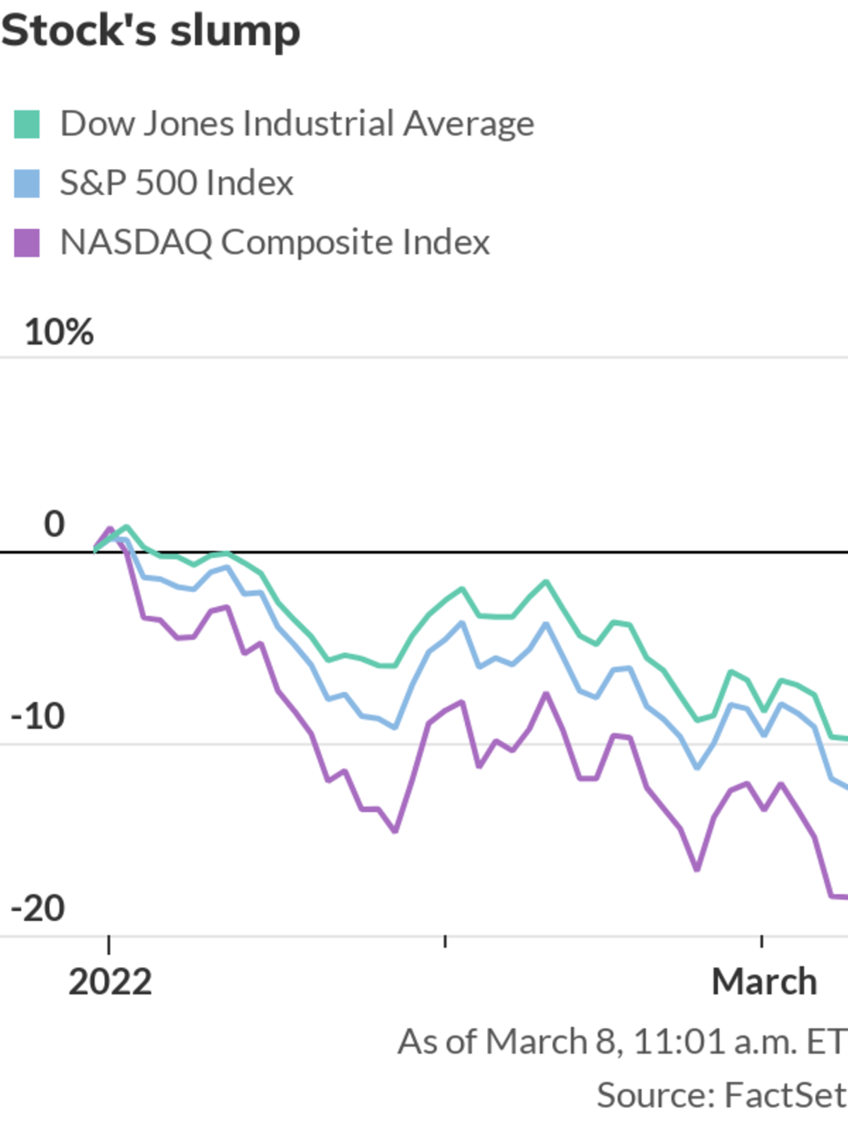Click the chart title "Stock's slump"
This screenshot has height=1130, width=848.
(151, 31)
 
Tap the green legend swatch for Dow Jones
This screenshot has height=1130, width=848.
(27, 124)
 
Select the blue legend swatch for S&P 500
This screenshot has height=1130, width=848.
(27, 184)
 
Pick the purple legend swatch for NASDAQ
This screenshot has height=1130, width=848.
(27, 243)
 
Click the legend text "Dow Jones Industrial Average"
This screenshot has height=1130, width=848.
(297, 124)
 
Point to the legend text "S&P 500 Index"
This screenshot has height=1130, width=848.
(177, 184)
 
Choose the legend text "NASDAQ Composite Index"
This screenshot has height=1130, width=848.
(275, 243)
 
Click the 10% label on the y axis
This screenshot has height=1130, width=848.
(59, 332)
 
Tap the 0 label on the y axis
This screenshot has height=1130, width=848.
(54, 525)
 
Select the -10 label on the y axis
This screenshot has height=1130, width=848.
(38, 717)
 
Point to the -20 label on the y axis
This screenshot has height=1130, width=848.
(38, 909)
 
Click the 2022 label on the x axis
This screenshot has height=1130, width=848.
(110, 982)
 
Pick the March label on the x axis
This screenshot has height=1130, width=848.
(765, 982)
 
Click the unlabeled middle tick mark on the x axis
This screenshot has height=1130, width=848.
(444, 941)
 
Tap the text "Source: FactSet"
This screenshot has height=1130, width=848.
(721, 1095)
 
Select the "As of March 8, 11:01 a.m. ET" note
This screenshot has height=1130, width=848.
(622, 1042)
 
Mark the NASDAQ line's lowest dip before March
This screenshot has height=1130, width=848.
(697, 869)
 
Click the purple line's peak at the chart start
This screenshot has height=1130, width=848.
(110, 528)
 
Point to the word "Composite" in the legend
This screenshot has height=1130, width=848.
(307, 243)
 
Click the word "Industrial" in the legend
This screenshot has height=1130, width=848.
(318, 124)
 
